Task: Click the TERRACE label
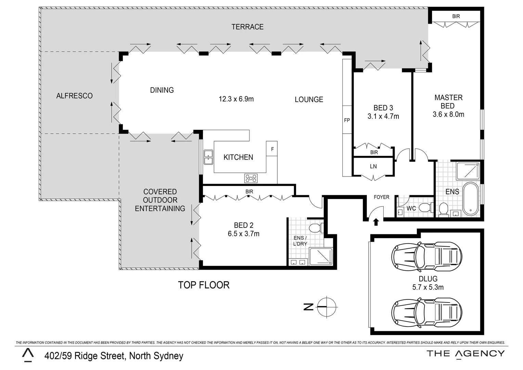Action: coord(247,27)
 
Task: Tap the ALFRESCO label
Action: coord(75,96)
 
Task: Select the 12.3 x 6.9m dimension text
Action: coord(236,99)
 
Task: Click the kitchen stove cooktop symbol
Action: coord(251,178)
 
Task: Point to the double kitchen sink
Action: coord(208,157)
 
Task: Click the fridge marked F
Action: coord(272,149)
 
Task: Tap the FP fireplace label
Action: coord(347,120)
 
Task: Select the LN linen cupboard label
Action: coord(373,166)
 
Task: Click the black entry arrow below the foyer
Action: coord(376,222)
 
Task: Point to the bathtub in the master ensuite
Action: coord(471,199)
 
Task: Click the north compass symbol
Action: coord(327,307)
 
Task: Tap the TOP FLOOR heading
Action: coord(204,285)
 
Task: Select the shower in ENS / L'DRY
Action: coord(321,257)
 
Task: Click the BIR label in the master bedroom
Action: coord(456,16)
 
